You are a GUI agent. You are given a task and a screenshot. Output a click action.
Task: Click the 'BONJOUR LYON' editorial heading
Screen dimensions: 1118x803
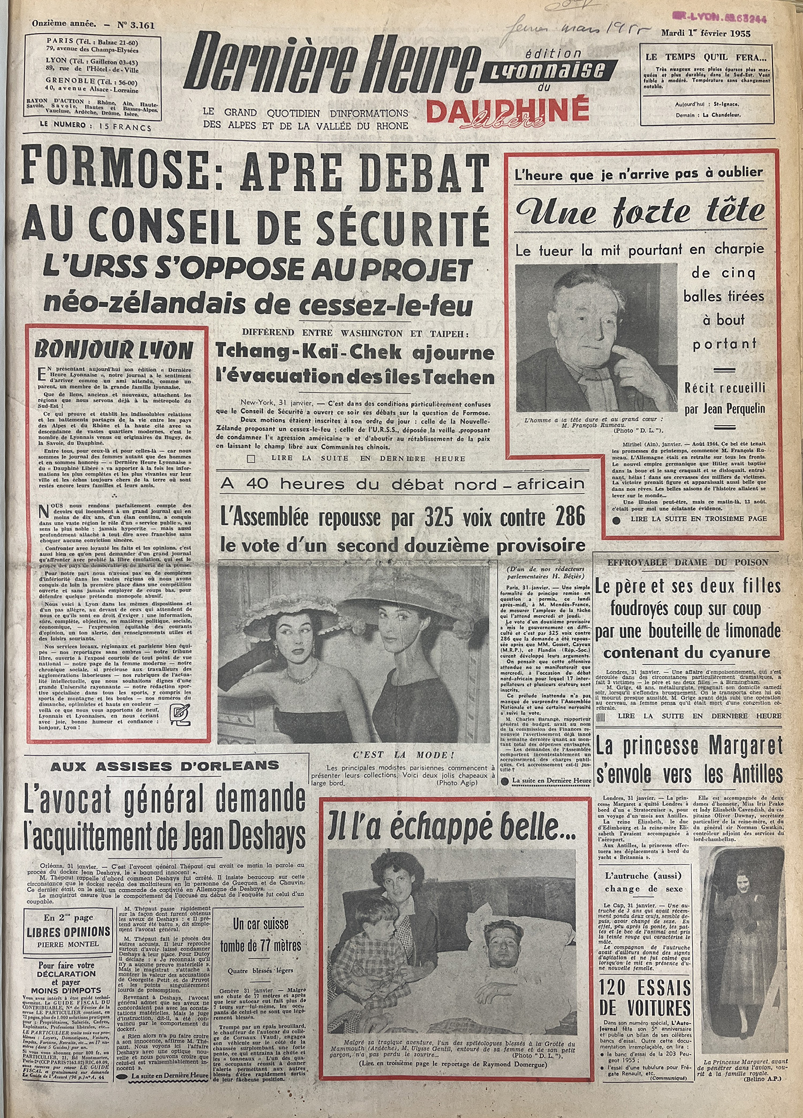(x=112, y=351)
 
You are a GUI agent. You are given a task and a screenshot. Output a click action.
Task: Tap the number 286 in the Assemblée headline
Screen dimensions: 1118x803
(x=565, y=516)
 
